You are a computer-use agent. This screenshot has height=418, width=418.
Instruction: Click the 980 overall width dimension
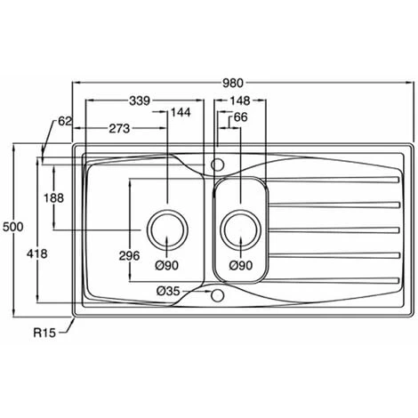point(233,84)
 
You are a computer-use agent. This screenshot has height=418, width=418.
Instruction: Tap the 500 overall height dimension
point(12,227)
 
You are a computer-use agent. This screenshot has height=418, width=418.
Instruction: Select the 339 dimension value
point(140,101)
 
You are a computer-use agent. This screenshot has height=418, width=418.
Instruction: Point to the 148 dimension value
point(240,100)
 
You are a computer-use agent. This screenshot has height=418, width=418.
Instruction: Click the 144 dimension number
point(181,112)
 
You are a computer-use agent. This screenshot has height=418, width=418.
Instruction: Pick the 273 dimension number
point(119,129)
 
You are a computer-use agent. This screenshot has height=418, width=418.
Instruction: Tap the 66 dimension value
point(240,117)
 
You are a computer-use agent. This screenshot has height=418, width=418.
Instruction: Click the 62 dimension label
point(65,121)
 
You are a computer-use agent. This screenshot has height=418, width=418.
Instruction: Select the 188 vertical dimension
point(53,198)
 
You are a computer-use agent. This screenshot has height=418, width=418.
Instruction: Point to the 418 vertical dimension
point(37,253)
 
